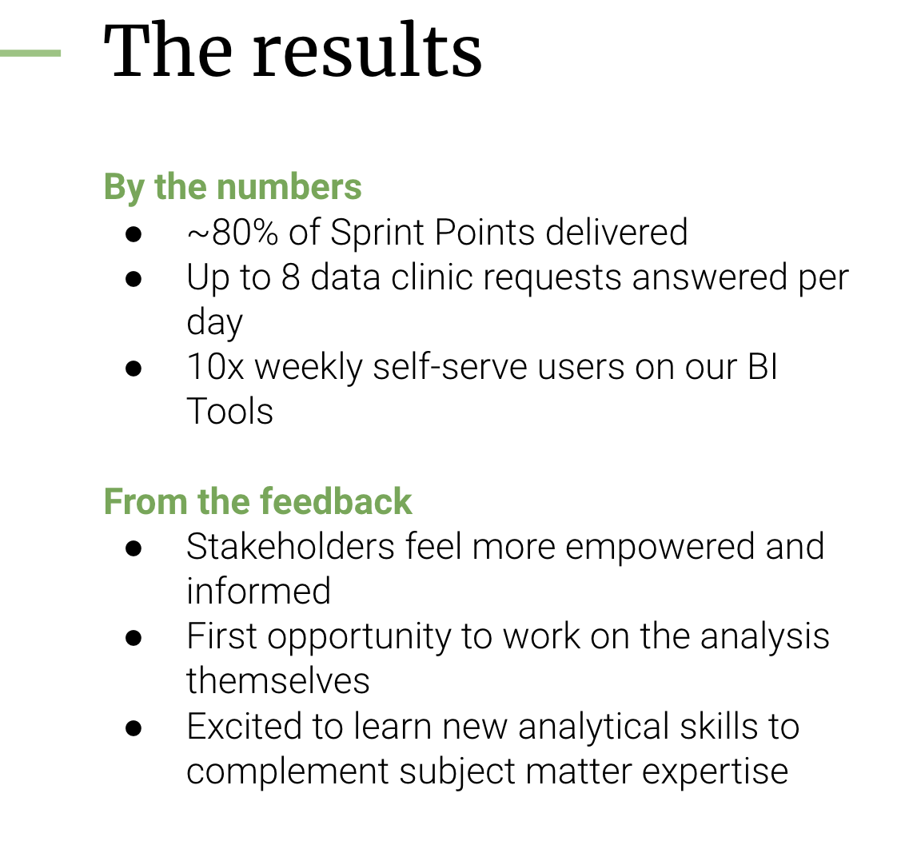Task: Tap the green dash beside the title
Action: point(30,54)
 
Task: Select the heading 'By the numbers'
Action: point(233,187)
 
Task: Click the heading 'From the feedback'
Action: point(257,501)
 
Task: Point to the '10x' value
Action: point(215,368)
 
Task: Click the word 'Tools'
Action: point(229,412)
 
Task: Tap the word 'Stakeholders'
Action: point(290,547)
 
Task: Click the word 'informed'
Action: point(258,592)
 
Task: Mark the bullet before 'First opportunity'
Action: point(134,638)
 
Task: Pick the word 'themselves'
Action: point(277,682)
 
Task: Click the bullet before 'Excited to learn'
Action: point(134,727)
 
